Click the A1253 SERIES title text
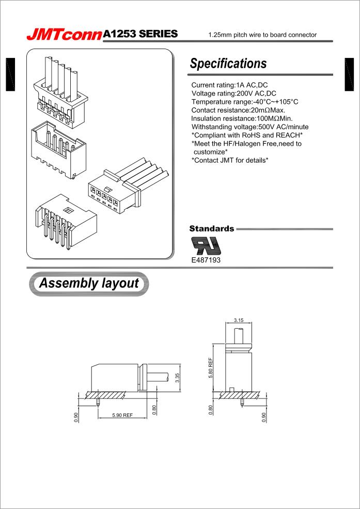pyautogui.click(x=140, y=34)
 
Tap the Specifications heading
pyautogui.click(x=228, y=64)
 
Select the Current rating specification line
pyautogui.click(x=229, y=85)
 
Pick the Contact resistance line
pyautogui.click(x=238, y=110)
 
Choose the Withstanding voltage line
pyautogui.click(x=250, y=127)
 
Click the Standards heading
pyautogui.click(x=212, y=228)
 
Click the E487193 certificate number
pyautogui.click(x=206, y=260)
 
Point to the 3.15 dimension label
pyautogui.click(x=239, y=320)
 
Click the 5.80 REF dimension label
pyautogui.click(x=211, y=367)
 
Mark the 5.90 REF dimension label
pyautogui.click(x=122, y=415)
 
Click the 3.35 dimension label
pyautogui.click(x=177, y=378)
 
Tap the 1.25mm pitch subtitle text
pyautogui.click(x=262, y=35)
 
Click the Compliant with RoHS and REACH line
pyautogui.click(x=247, y=135)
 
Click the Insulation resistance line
pyautogui.click(x=242, y=118)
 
